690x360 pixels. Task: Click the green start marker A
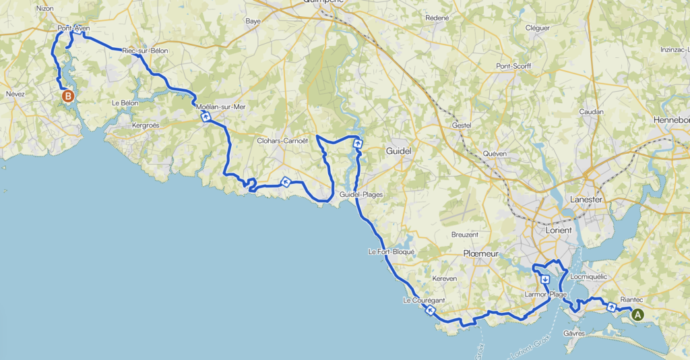pyautogui.click(x=637, y=313)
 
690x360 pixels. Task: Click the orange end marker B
pyautogui.click(x=68, y=96)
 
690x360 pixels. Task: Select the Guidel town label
pyautogui.click(x=398, y=152)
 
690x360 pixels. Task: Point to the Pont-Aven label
pyautogui.click(x=73, y=28)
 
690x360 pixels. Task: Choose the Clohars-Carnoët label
pyautogui.click(x=282, y=141)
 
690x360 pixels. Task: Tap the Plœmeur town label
pyautogui.click(x=480, y=253)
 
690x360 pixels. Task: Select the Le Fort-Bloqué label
pyautogui.click(x=391, y=251)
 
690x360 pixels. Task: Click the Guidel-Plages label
pyautogui.click(x=361, y=195)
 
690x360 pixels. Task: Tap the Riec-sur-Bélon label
pyautogui.click(x=145, y=51)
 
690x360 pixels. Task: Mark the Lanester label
pyautogui.click(x=585, y=200)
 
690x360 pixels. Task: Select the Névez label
pyautogui.click(x=15, y=94)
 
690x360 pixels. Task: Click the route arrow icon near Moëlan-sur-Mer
pyautogui.click(x=206, y=117)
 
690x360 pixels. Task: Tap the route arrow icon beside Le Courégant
pyautogui.click(x=430, y=310)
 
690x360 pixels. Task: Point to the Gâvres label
pyautogui.click(x=574, y=334)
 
